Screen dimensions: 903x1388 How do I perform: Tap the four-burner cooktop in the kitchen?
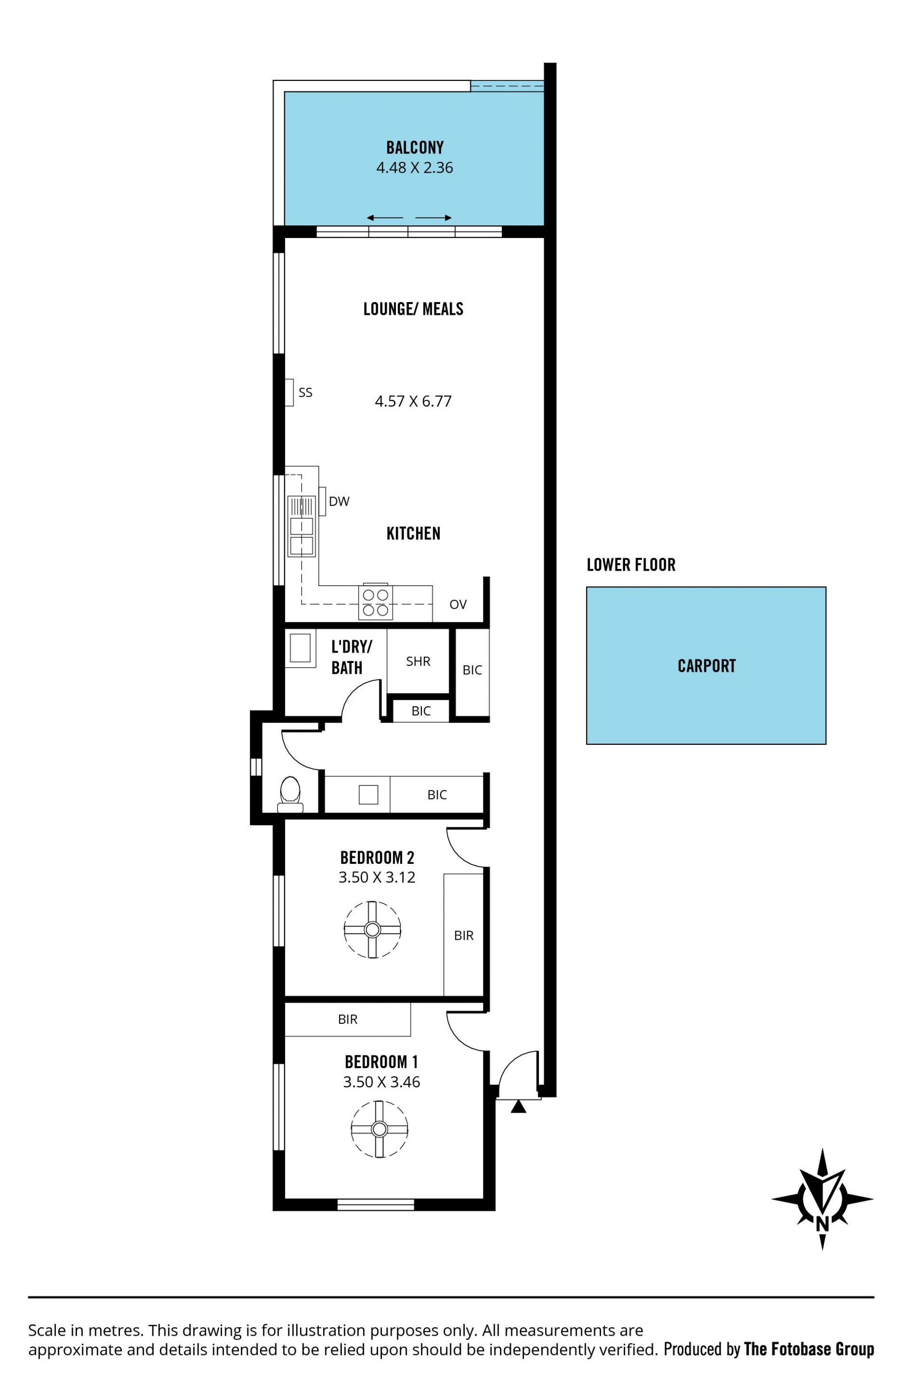(376, 602)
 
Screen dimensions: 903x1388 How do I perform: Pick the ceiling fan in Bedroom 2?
(372, 930)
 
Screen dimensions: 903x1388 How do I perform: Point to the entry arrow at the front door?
(518, 1106)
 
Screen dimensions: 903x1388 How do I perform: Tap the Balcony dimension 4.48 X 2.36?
(414, 168)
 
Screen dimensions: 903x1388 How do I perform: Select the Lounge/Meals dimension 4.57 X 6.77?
(413, 401)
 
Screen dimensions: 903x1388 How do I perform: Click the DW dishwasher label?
(339, 502)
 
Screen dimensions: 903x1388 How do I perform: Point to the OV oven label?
(458, 604)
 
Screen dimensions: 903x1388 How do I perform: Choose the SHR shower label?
(418, 662)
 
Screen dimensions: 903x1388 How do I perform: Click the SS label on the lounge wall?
(306, 393)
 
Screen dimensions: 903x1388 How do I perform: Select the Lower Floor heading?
(631, 565)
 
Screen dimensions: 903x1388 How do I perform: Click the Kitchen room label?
(413, 534)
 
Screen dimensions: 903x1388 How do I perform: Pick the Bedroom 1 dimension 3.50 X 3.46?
(381, 1083)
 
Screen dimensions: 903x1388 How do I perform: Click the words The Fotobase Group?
(809, 1349)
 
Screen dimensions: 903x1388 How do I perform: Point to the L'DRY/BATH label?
(351, 657)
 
